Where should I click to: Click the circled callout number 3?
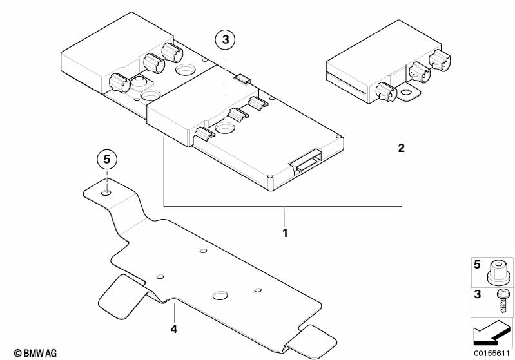[x=226, y=40]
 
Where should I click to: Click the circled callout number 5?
[x=107, y=160]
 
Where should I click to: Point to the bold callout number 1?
[x=285, y=233]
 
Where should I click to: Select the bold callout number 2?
[x=402, y=148]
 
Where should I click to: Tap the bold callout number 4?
[x=174, y=328]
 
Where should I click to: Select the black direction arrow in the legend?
[x=492, y=333]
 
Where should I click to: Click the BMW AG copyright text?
[x=35, y=353]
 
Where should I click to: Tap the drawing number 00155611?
[x=491, y=353]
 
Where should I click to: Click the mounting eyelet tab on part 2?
[x=409, y=94]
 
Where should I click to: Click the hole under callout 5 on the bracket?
[x=106, y=193]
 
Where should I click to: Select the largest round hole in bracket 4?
[x=220, y=296]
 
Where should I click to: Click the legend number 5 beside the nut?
[x=477, y=265]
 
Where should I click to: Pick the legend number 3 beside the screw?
[x=477, y=294]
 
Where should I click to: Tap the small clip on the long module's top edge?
[x=242, y=78]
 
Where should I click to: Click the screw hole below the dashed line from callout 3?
[x=225, y=128]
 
